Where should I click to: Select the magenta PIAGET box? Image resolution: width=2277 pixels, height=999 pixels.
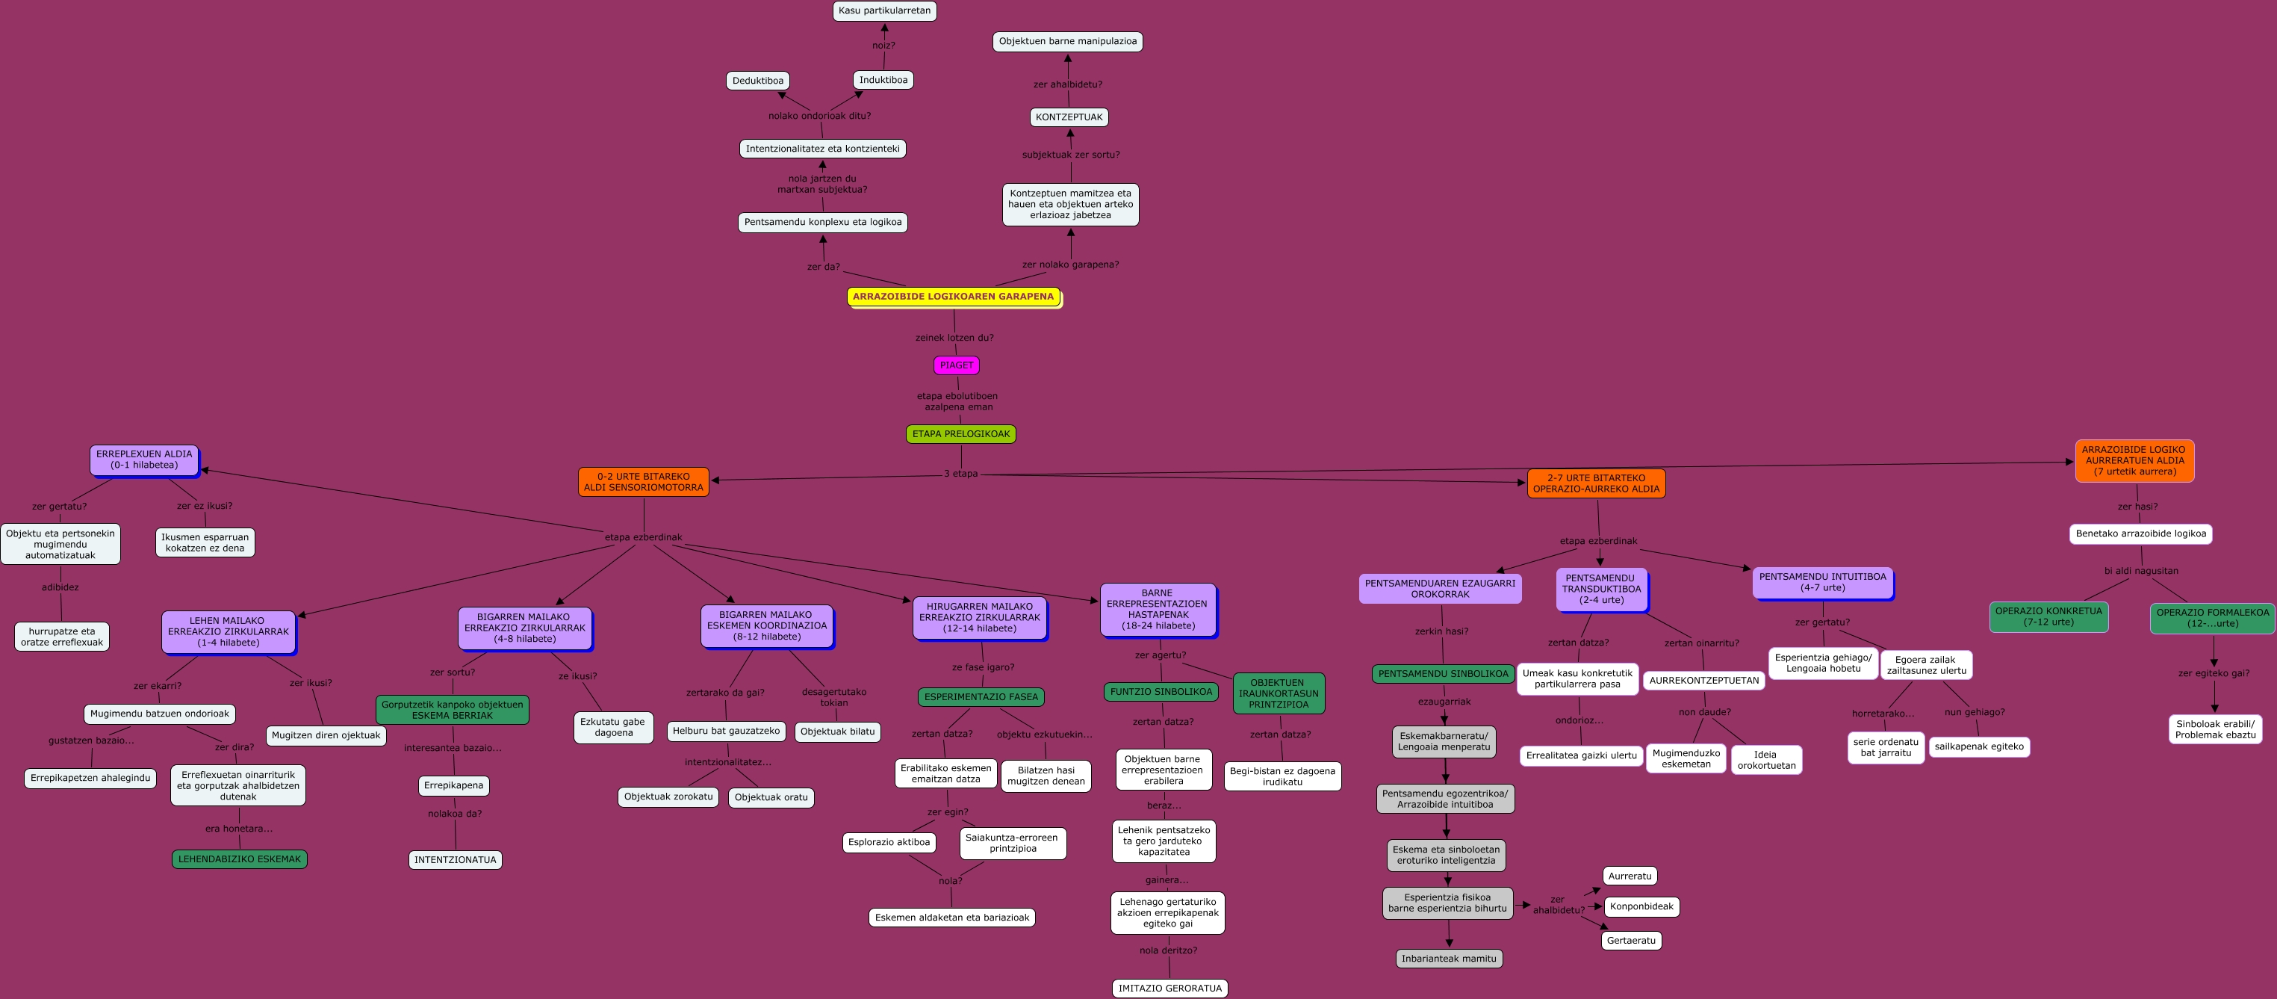click(x=955, y=365)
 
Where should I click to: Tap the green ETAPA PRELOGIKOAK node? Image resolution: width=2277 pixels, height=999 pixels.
click(x=961, y=434)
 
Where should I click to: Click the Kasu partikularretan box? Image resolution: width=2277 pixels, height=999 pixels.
click(x=884, y=10)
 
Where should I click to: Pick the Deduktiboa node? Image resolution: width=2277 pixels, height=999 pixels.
click(x=757, y=81)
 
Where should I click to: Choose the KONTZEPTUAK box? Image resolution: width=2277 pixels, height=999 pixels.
click(x=1069, y=117)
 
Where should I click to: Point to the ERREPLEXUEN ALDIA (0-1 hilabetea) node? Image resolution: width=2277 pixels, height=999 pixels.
click(x=144, y=460)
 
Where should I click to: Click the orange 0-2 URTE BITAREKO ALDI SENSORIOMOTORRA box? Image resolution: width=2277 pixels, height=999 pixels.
click(x=644, y=482)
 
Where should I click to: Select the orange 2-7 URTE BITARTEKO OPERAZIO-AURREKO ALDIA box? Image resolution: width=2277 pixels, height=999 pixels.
click(x=1595, y=483)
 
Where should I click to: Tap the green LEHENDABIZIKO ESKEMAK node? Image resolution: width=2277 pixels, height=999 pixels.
click(x=240, y=859)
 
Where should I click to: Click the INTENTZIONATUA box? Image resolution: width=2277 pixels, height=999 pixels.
click(x=456, y=859)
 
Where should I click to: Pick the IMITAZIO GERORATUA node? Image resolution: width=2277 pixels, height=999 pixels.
click(x=1169, y=989)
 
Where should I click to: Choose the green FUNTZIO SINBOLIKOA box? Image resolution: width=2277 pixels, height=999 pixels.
click(x=1161, y=692)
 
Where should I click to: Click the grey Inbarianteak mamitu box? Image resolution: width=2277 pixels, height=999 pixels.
click(x=1449, y=959)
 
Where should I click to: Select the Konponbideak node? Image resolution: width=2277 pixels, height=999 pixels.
click(x=1641, y=906)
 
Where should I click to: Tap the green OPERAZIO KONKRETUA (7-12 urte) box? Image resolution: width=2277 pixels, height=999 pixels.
click(x=2048, y=617)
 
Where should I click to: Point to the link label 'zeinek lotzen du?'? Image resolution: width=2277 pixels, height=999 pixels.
click(x=954, y=338)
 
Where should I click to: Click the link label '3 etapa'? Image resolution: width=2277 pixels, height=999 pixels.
click(x=961, y=474)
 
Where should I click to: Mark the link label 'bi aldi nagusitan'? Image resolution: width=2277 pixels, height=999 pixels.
click(x=2141, y=571)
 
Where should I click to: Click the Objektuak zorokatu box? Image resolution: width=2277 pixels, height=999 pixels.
click(x=668, y=797)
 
